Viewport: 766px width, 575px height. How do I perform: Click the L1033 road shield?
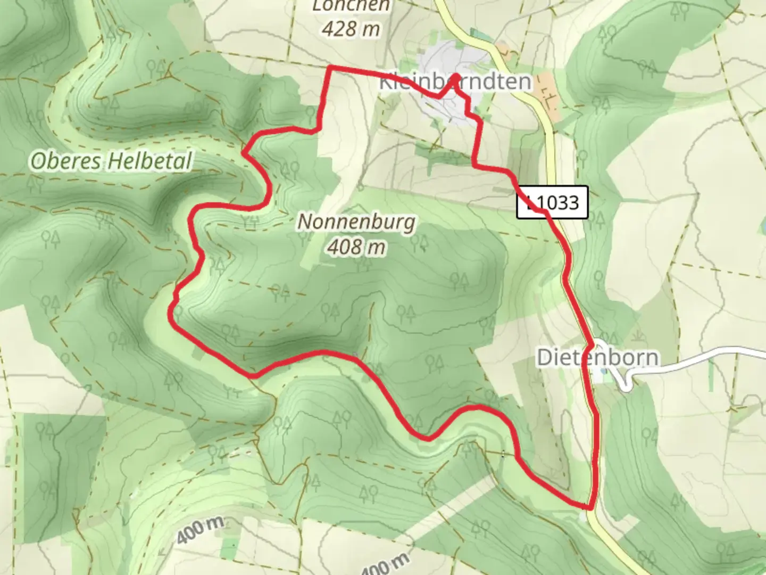click(552, 202)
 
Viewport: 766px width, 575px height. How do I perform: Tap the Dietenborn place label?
click(597, 357)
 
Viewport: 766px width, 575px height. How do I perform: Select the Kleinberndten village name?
click(455, 81)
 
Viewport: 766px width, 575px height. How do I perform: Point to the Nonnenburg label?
click(356, 221)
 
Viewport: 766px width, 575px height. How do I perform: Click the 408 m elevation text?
click(356, 247)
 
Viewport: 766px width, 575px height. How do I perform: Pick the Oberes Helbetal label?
click(111, 161)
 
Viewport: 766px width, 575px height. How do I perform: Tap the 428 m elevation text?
click(351, 28)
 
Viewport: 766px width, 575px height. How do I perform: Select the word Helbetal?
click(150, 161)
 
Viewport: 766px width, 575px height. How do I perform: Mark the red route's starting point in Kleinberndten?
click(456, 77)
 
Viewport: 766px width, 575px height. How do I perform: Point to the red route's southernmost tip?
click(589, 507)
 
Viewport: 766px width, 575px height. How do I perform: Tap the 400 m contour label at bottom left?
click(200, 529)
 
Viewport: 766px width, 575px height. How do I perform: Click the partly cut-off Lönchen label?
click(351, 5)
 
